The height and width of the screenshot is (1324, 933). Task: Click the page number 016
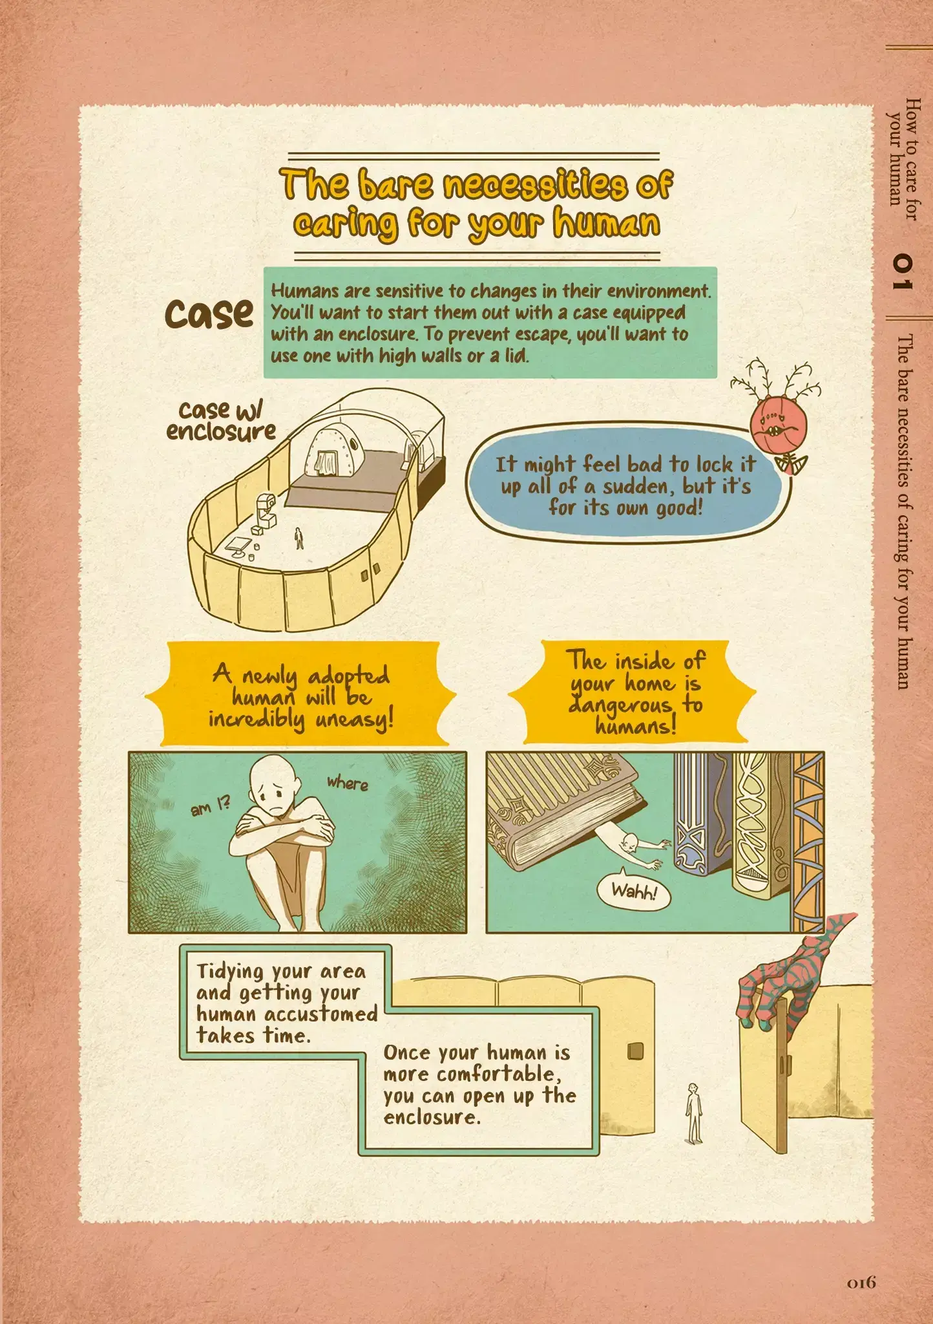tap(861, 1282)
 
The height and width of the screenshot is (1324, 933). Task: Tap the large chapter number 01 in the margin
tap(902, 272)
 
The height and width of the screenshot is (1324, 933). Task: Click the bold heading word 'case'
tap(209, 314)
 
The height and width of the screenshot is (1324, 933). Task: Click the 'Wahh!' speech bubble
tap(633, 892)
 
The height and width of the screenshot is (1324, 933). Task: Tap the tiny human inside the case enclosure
tap(299, 538)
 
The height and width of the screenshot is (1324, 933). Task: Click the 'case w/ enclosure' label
tap(221, 420)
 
